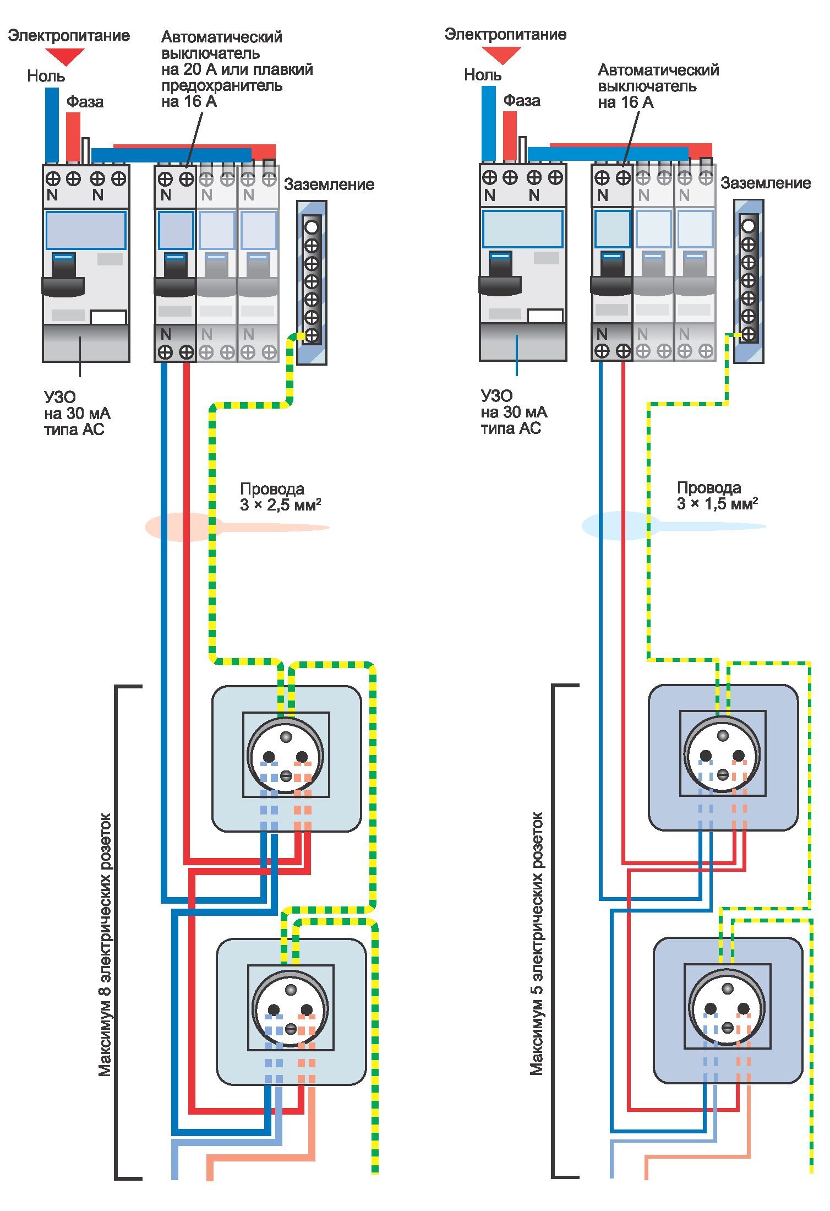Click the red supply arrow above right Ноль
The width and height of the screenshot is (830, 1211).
click(501, 55)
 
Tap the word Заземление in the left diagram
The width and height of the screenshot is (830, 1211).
click(329, 184)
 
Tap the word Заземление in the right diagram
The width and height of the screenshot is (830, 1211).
click(766, 183)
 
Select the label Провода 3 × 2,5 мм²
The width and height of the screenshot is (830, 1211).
click(280, 497)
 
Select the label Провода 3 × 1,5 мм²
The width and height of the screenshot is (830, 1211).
click(717, 496)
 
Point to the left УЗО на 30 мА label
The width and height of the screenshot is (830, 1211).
click(77, 413)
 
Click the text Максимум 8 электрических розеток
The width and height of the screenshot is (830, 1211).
click(105, 944)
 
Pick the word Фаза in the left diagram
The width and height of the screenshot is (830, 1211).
click(85, 102)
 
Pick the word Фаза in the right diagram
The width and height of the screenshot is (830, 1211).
click(522, 101)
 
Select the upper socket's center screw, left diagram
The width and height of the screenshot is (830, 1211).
click(286, 775)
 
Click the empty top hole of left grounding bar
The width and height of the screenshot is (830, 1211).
click(312, 227)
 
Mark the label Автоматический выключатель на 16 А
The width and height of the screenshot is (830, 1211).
click(658, 86)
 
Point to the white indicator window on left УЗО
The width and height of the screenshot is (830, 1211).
click(108, 318)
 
